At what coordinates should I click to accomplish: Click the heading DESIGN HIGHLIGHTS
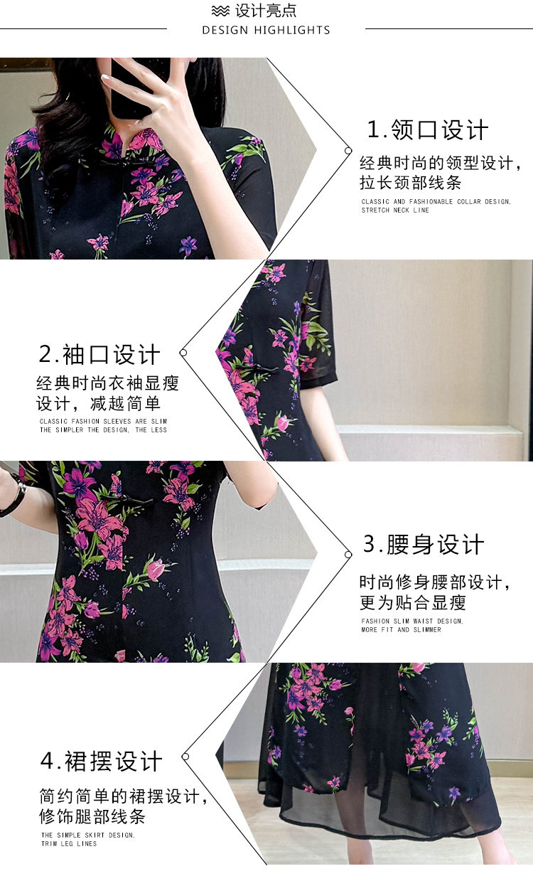[266, 30]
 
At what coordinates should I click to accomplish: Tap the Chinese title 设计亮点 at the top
[266, 11]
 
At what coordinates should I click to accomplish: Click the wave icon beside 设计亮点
[220, 11]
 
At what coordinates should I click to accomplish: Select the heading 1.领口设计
[428, 129]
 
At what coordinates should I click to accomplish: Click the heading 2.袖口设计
[99, 354]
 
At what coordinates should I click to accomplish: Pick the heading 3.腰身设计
[424, 544]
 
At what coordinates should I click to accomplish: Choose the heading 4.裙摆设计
[101, 761]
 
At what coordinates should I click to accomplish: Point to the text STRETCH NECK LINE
[395, 210]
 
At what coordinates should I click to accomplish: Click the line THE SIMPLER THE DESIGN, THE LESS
[103, 430]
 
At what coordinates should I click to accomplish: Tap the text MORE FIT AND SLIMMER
[401, 630]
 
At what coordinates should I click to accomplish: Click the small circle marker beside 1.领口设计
[348, 151]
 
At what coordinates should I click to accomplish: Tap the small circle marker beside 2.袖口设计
[183, 353]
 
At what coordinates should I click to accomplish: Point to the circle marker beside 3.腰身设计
[348, 555]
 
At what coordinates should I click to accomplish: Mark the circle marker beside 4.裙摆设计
[185, 757]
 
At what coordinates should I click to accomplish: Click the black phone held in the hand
[134, 87]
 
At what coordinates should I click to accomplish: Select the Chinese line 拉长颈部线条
[411, 183]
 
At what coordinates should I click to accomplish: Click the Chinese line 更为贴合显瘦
[413, 603]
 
